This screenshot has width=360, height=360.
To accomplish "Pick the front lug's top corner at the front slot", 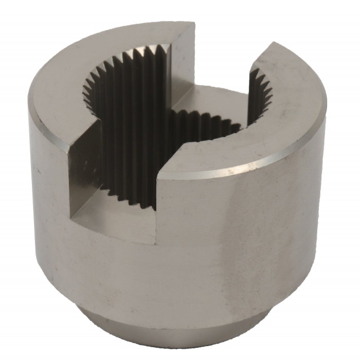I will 157,177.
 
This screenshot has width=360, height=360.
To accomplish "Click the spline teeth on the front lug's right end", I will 260,98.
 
